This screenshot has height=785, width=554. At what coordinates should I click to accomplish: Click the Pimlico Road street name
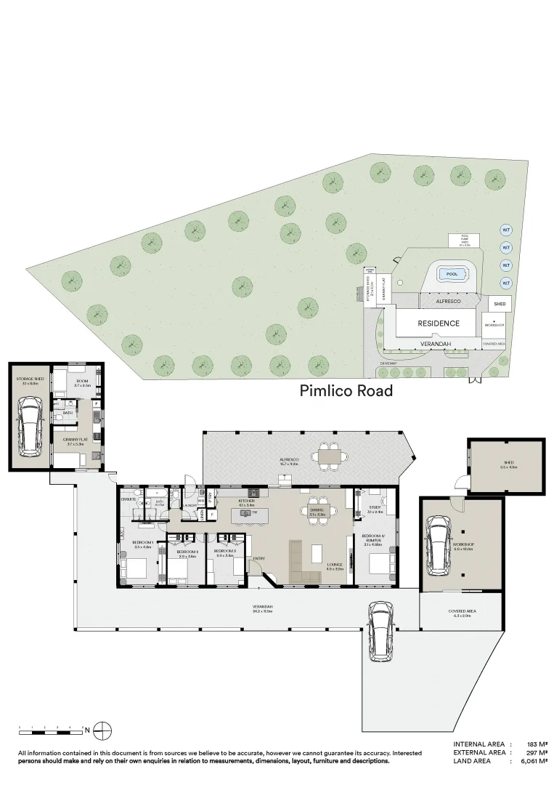(346, 391)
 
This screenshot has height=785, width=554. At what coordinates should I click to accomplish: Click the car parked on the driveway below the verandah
(380, 630)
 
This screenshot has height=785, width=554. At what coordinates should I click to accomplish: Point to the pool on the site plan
(452, 274)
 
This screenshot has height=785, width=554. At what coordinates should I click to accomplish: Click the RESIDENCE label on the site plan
(438, 323)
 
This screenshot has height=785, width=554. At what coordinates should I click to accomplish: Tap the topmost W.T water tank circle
(506, 230)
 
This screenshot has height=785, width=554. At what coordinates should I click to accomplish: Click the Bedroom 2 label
(187, 552)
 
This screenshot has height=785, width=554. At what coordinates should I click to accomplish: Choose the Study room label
(375, 509)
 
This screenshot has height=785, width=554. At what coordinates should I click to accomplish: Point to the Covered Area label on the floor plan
(462, 612)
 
